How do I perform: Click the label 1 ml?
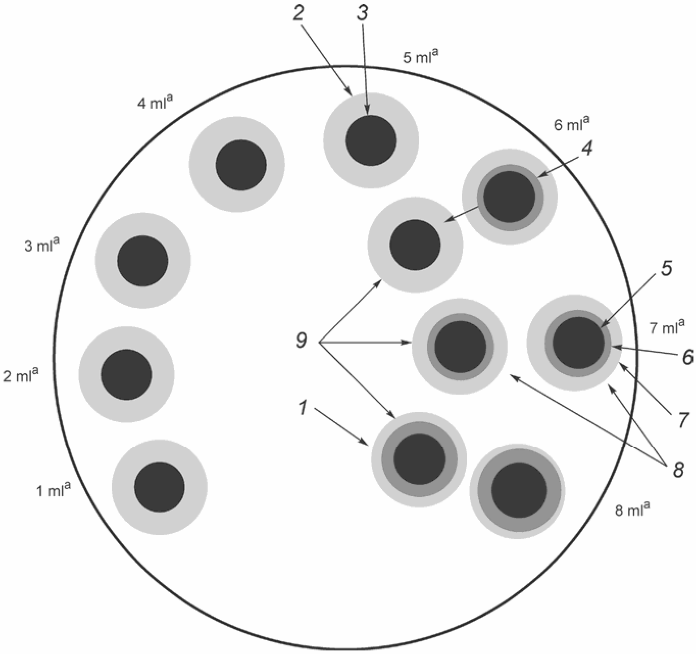[53, 491]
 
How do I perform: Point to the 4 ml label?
[155, 103]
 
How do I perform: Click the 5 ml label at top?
[421, 56]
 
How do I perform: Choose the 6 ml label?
[572, 124]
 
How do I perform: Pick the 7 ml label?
[667, 327]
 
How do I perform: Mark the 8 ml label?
[632, 509]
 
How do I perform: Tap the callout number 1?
[303, 408]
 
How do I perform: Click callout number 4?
[587, 149]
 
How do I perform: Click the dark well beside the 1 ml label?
[160, 487]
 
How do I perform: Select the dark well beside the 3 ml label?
[142, 261]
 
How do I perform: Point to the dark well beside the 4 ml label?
[241, 165]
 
